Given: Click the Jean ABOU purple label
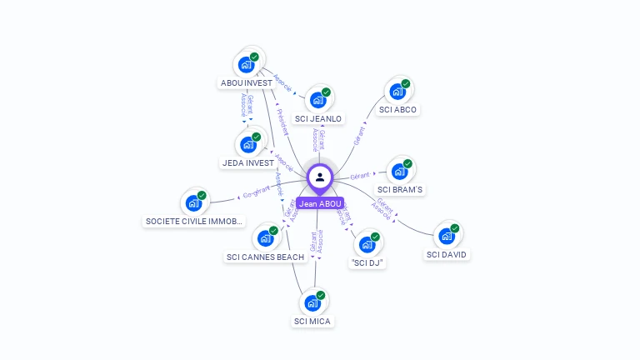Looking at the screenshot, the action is [320, 203].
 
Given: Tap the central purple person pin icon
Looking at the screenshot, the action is [320, 177].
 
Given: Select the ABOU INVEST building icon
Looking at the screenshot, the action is [247, 64].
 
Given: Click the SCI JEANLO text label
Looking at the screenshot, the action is [318, 119].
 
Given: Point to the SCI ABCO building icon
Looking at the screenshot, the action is [397, 92].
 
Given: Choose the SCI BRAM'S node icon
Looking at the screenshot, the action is [399, 172].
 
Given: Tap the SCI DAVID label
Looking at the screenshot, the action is [447, 254].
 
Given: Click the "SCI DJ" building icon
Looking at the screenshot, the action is [367, 244].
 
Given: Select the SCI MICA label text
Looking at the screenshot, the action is [312, 321].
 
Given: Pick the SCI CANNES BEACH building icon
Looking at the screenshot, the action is [266, 238].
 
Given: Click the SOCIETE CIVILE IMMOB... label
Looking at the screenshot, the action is [194, 222].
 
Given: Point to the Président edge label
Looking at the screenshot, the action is [281, 122].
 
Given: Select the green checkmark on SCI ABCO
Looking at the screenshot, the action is [406, 83].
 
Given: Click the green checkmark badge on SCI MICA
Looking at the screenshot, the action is [321, 295].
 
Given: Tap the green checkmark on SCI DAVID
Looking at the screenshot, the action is [455, 227].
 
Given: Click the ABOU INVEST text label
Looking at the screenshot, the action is [246, 83].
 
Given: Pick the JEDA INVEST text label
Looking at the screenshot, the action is [248, 162].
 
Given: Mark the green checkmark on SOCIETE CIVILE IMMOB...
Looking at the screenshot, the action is [202, 195].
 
